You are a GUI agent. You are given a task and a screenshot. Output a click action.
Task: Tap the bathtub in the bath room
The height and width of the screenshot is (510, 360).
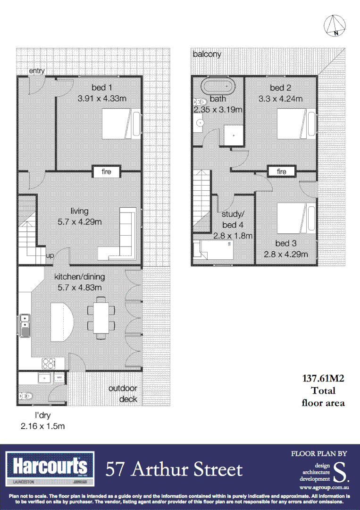[218, 87]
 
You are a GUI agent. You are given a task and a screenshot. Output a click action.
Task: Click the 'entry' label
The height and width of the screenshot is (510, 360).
[37, 71]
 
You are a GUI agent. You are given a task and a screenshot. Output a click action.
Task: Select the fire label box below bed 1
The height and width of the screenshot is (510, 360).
[106, 171]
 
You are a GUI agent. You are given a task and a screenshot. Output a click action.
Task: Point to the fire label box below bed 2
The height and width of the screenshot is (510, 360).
[282, 171]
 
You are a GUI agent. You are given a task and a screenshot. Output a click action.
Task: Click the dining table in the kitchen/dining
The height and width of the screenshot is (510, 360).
[101, 317]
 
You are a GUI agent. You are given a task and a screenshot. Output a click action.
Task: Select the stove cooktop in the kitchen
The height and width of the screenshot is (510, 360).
[49, 363]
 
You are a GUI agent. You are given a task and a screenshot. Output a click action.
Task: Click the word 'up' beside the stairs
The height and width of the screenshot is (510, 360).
[50, 255]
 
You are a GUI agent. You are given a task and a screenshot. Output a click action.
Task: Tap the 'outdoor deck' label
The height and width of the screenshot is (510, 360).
[123, 394]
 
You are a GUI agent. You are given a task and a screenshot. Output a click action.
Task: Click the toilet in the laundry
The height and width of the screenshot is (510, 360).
[26, 396]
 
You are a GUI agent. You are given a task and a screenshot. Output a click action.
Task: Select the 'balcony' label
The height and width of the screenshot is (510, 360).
[207, 54]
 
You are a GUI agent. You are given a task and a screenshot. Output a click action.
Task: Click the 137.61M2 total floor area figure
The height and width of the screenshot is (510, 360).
[323, 378]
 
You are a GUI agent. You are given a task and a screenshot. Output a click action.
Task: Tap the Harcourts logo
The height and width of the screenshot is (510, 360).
[50, 467]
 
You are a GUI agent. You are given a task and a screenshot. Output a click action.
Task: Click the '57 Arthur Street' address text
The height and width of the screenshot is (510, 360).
[174, 469]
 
